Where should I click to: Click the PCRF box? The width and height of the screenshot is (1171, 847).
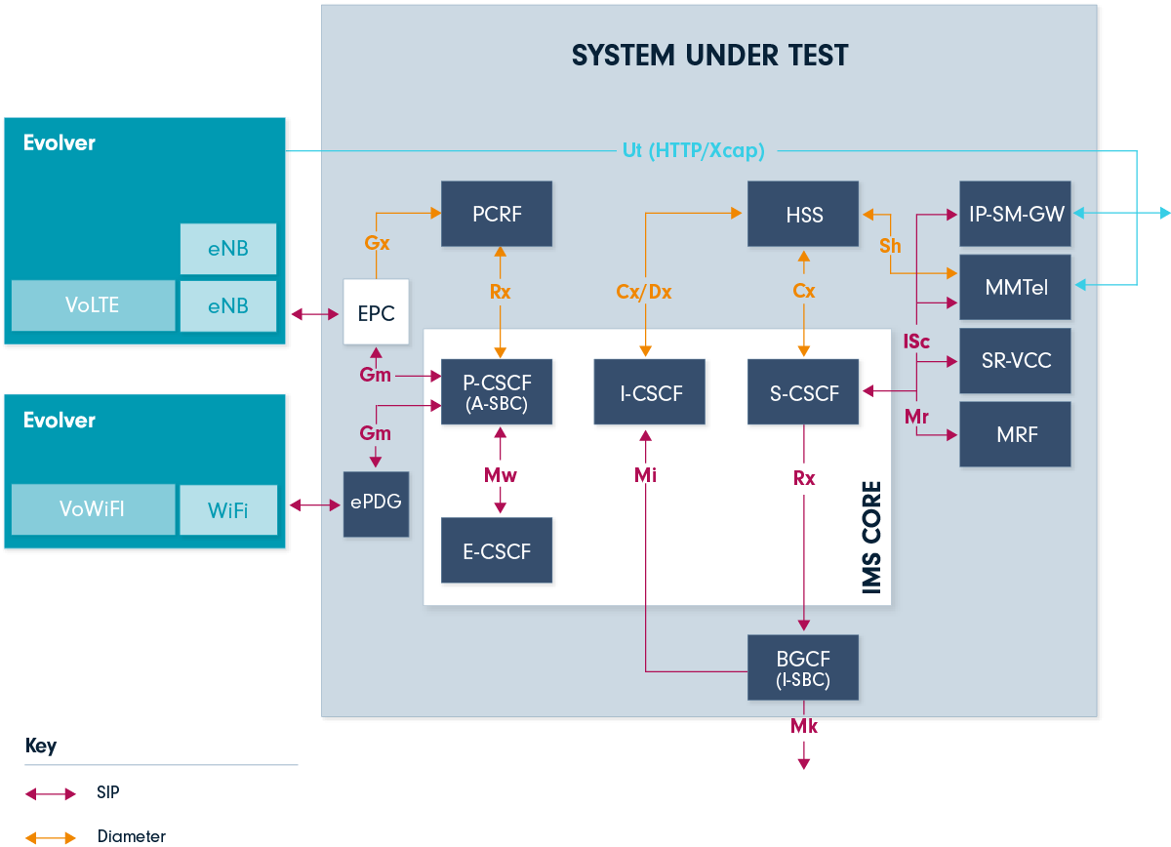click(x=497, y=214)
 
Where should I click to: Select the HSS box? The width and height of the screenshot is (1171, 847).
click(x=803, y=214)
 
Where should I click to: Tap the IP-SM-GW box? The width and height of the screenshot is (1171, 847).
click(x=1015, y=214)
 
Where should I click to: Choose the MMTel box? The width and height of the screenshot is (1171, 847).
click(x=1015, y=287)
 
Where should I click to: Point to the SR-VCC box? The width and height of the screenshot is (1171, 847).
click(x=1015, y=361)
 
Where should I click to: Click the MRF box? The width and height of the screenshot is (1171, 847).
click(x=1015, y=434)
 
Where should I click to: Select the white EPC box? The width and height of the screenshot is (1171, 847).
click(x=376, y=312)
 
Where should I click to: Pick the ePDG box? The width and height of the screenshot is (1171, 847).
click(x=376, y=504)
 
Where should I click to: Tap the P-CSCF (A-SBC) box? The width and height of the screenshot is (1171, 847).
click(x=497, y=392)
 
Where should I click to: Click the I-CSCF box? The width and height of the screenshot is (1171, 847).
click(x=650, y=392)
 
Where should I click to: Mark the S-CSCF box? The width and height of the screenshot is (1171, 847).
click(x=803, y=392)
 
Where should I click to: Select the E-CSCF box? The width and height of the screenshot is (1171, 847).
click(x=497, y=551)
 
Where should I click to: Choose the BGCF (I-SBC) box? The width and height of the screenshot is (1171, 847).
click(x=803, y=667)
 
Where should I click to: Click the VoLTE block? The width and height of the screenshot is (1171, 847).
click(x=93, y=305)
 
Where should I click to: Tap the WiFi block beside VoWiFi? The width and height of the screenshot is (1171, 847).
click(x=227, y=510)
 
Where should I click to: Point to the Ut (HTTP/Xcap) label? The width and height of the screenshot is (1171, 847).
click(x=693, y=150)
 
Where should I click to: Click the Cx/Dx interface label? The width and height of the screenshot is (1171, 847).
click(x=644, y=291)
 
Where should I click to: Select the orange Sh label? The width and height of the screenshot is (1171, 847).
click(x=890, y=246)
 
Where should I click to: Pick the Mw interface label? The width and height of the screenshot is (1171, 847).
click(x=501, y=475)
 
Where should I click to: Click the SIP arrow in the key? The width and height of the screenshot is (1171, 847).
click(x=51, y=794)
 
